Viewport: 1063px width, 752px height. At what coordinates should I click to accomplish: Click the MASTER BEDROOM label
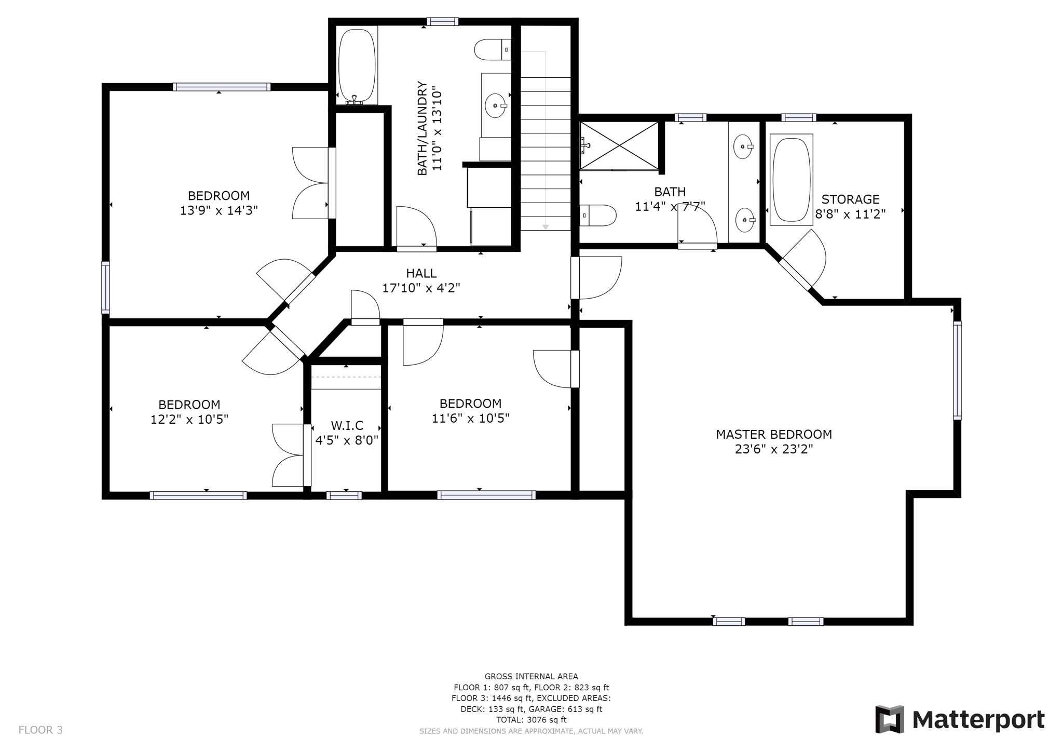pyautogui.click(x=773, y=434)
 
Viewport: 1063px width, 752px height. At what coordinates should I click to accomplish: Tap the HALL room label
pyautogui.click(x=421, y=273)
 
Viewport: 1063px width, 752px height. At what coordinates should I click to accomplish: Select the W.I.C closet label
pyautogui.click(x=347, y=426)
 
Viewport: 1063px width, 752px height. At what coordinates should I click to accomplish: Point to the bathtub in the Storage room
pyautogui.click(x=791, y=179)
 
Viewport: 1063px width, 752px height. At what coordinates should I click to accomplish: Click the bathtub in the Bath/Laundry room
pyautogui.click(x=357, y=65)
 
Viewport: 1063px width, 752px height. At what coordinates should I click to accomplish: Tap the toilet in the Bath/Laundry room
pyautogui.click(x=492, y=50)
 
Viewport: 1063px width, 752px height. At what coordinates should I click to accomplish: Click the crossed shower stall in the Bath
pyautogui.click(x=619, y=145)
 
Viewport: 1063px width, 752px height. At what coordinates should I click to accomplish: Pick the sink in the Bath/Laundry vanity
pyautogui.click(x=495, y=106)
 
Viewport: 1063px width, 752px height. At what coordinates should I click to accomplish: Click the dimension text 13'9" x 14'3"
pyautogui.click(x=219, y=211)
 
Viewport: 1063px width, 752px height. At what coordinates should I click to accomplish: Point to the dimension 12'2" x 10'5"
pyautogui.click(x=189, y=420)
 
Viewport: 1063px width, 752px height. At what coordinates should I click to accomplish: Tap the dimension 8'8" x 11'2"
pyautogui.click(x=850, y=214)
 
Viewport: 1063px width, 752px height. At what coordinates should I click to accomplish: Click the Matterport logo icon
pyautogui.click(x=890, y=719)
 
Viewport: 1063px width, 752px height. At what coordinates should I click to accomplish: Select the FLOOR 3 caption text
pyautogui.click(x=40, y=730)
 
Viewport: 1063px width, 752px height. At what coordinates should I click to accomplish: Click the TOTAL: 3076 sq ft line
pyautogui.click(x=531, y=720)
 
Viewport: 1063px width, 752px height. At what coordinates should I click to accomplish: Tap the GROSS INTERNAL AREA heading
pyautogui.click(x=531, y=676)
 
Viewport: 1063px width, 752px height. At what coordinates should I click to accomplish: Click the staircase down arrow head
pyautogui.click(x=546, y=227)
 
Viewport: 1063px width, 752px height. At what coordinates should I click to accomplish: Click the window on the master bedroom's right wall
pyautogui.click(x=957, y=370)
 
